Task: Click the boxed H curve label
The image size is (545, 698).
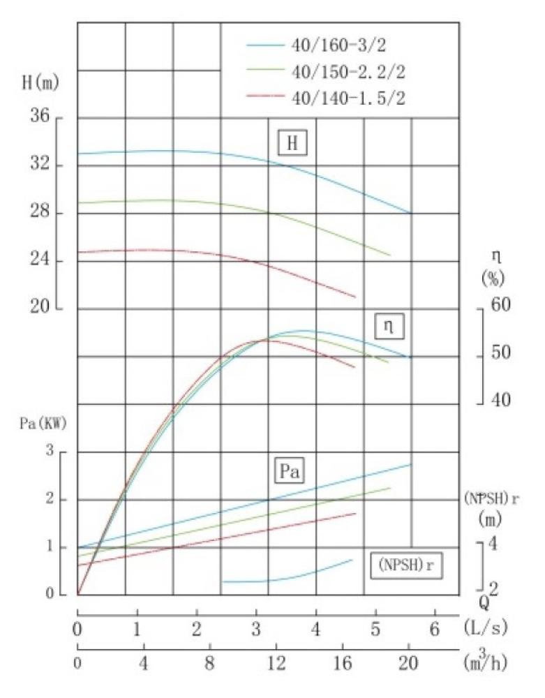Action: point(292,143)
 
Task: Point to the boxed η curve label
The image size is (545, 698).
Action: point(388,325)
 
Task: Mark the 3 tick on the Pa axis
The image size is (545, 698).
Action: point(50,452)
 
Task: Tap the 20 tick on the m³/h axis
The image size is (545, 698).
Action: point(409,661)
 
